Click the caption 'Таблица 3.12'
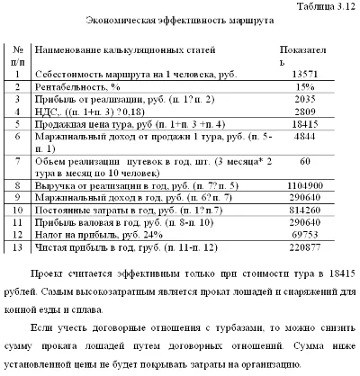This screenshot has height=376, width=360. pos(326,5)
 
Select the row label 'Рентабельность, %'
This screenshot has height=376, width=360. pos(81,87)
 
